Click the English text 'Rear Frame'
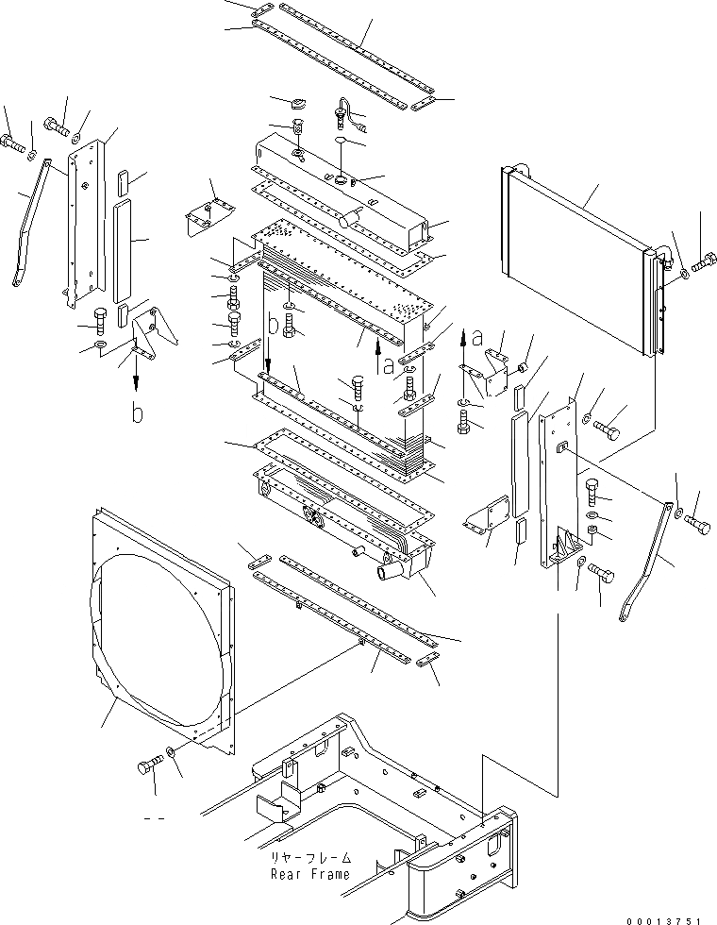(x=310, y=873)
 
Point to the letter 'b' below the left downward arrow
(x=138, y=414)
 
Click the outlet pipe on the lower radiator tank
(x=392, y=571)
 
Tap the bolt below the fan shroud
(x=148, y=766)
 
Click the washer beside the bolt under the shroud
(x=170, y=752)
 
